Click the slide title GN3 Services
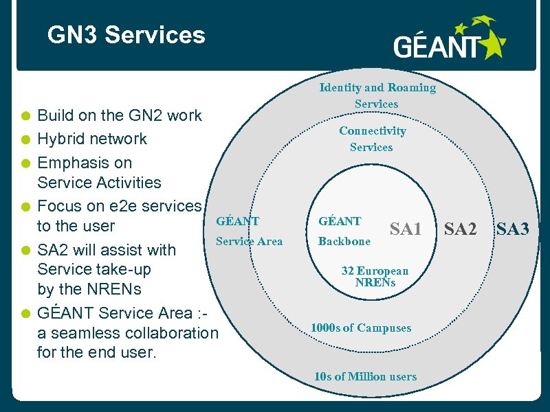click(126, 35)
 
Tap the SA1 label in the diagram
click(406, 229)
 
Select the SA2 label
click(460, 229)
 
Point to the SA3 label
click(512, 229)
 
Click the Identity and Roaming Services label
click(377, 95)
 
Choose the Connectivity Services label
click(372, 139)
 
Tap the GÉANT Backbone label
click(344, 231)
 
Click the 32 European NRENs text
click(375, 276)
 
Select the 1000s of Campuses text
click(361, 328)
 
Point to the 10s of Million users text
click(365, 376)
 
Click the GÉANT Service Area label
click(248, 231)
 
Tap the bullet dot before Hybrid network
click(25, 139)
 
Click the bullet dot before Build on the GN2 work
click(25, 116)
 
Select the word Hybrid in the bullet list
click(61, 139)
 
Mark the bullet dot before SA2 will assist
click(25, 251)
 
